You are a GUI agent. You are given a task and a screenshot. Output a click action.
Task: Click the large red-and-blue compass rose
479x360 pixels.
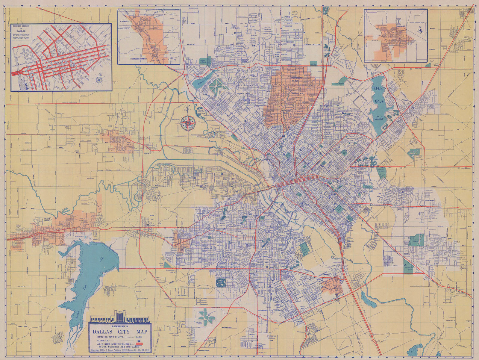tap(188, 122)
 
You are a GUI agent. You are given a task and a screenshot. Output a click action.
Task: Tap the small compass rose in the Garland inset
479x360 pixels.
tap(420, 31)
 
